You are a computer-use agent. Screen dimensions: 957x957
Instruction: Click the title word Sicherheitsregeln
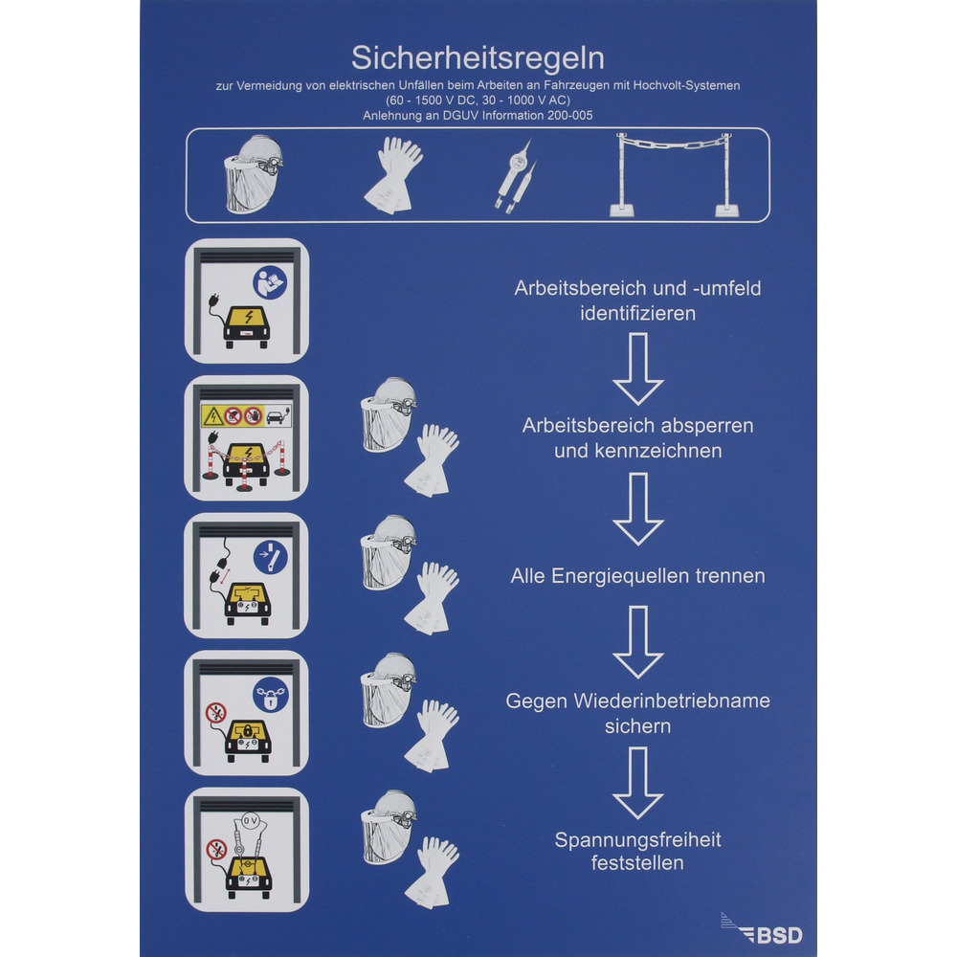pyautogui.click(x=478, y=58)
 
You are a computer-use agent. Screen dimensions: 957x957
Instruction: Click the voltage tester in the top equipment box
pyautogui.click(x=516, y=177)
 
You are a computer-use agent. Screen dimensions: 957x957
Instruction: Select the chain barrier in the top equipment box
pyautogui.click(x=675, y=174)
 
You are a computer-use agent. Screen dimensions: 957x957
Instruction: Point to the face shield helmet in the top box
pyautogui.click(x=254, y=174)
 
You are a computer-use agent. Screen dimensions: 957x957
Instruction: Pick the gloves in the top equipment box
pyautogui.click(x=393, y=175)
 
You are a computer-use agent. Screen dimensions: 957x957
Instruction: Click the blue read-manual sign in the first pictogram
pyautogui.click(x=270, y=282)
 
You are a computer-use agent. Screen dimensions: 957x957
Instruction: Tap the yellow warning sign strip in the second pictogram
pyautogui.click(x=246, y=416)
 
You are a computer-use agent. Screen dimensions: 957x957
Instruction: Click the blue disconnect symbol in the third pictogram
pyautogui.click(x=271, y=557)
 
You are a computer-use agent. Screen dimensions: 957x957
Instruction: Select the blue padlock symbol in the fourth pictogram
pyautogui.click(x=271, y=695)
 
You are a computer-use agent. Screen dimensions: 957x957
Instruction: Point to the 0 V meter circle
pyautogui.click(x=250, y=821)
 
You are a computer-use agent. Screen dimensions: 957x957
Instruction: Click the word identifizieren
pyautogui.click(x=637, y=314)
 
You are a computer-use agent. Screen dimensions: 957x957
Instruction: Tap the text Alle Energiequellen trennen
pyautogui.click(x=637, y=575)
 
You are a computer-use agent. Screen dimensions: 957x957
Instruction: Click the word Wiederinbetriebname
pyautogui.click(x=672, y=701)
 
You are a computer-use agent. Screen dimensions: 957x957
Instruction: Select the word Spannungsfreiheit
pyautogui.click(x=637, y=840)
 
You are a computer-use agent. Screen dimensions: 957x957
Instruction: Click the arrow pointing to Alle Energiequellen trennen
pyautogui.click(x=637, y=509)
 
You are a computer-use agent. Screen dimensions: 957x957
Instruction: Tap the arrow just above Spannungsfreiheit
pyautogui.click(x=637, y=783)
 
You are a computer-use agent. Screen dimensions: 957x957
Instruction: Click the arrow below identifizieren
pyautogui.click(x=637, y=369)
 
